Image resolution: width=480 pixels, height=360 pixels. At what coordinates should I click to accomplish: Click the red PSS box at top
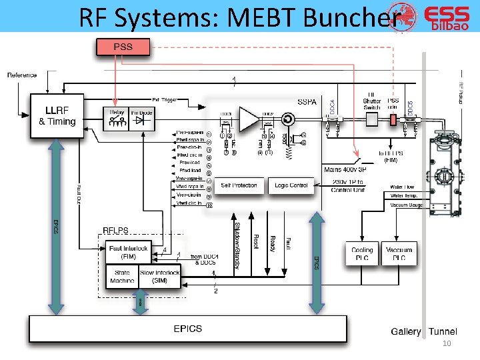pos(123,47)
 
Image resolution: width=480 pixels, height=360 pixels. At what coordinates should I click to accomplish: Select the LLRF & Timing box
pos(57,116)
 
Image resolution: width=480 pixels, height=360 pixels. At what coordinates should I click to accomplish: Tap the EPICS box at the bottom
pos(187,329)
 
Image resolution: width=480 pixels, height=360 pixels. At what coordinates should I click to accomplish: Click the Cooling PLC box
pos(362,254)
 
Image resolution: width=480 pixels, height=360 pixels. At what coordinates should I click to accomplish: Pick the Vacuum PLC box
pos(399,254)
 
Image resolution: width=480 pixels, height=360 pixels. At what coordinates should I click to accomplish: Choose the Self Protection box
pos(239,185)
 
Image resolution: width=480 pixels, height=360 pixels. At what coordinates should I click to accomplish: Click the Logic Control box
pos(291,185)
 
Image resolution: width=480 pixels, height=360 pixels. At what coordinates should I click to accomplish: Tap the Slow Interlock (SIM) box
pos(159,277)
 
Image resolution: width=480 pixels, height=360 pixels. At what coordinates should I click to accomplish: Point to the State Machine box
pos(122,277)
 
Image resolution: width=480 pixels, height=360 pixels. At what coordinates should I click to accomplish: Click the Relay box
pos(116,117)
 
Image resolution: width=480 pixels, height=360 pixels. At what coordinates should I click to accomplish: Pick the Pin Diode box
pos(141,117)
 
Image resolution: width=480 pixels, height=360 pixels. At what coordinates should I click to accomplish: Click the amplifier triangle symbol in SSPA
pos(248,120)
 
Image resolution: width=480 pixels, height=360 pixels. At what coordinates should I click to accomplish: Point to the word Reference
pos(22,75)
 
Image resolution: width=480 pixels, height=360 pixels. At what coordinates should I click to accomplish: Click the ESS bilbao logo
pos(445,19)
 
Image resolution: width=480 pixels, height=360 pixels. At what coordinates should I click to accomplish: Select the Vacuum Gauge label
pos(406,206)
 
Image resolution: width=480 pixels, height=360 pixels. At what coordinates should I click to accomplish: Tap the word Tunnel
pos(443,331)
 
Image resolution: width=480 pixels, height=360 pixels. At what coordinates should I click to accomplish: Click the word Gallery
pos(406,331)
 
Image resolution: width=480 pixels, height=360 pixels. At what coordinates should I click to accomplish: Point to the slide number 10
pos(447,343)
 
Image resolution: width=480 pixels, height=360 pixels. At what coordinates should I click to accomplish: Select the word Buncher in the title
pos(352,18)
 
